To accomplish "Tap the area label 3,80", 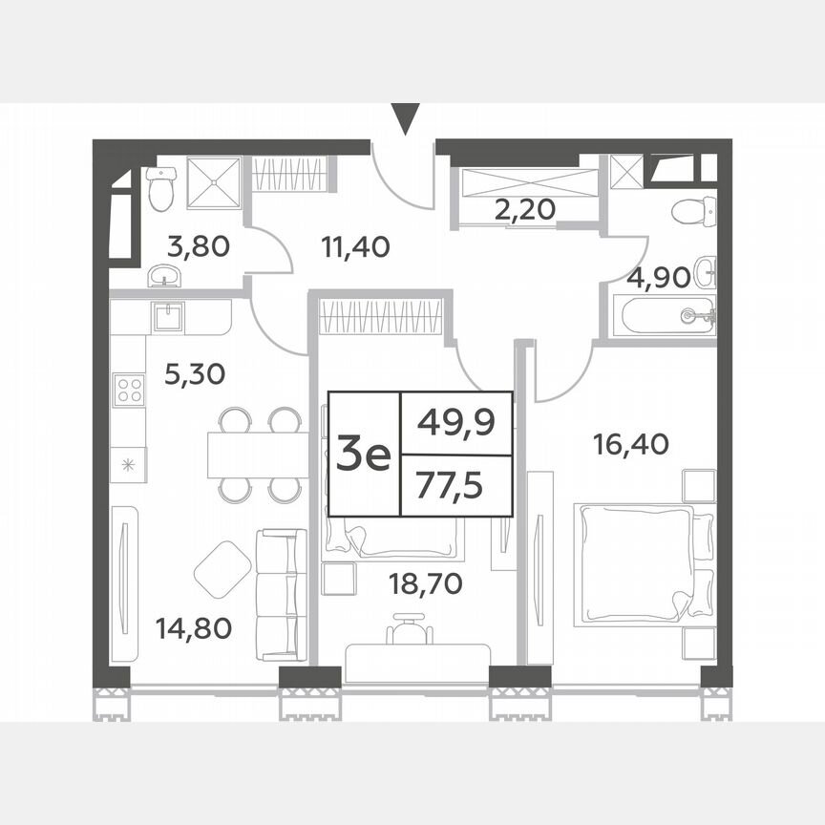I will tap(198, 248).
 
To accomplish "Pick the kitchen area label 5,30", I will tap(194, 373).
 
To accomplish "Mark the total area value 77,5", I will tap(455, 486).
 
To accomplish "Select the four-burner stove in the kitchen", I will tap(129, 390).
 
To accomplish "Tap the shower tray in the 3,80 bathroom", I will tap(212, 181).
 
